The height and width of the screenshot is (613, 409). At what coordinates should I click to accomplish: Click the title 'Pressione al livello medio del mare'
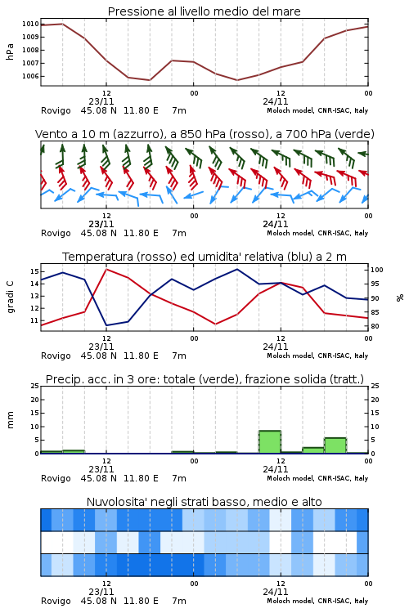tap(204, 11)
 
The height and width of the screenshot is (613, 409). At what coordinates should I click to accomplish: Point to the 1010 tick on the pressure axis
tap(30, 24)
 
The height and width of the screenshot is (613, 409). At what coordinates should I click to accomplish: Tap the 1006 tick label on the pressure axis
tap(30, 76)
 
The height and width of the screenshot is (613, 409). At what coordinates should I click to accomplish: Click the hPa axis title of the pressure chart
tap(10, 51)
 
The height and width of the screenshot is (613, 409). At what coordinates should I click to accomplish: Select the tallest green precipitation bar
tap(270, 441)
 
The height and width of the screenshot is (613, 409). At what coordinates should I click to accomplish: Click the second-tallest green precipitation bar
tap(335, 445)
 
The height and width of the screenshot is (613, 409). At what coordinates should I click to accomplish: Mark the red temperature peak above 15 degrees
tap(106, 270)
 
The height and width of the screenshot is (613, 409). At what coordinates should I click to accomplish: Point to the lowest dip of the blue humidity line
tap(106, 325)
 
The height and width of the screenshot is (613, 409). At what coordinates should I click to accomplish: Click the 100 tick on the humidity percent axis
tap(377, 270)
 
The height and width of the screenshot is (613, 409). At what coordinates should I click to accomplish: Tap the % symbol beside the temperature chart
tap(400, 298)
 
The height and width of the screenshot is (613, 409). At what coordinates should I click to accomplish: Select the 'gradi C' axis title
tap(11, 297)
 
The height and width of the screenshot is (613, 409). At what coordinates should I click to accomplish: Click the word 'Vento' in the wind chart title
tap(51, 134)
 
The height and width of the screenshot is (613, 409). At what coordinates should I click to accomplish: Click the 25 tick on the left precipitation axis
tap(35, 386)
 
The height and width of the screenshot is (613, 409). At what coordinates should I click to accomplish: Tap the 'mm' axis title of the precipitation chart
tap(10, 420)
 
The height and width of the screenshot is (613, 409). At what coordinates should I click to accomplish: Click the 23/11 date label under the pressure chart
tap(101, 101)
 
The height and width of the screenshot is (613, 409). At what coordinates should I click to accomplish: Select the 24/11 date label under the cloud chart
tap(276, 592)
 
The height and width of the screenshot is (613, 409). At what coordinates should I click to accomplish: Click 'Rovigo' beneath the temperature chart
tap(56, 356)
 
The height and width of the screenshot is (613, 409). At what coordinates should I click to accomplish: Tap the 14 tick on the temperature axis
tap(34, 284)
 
